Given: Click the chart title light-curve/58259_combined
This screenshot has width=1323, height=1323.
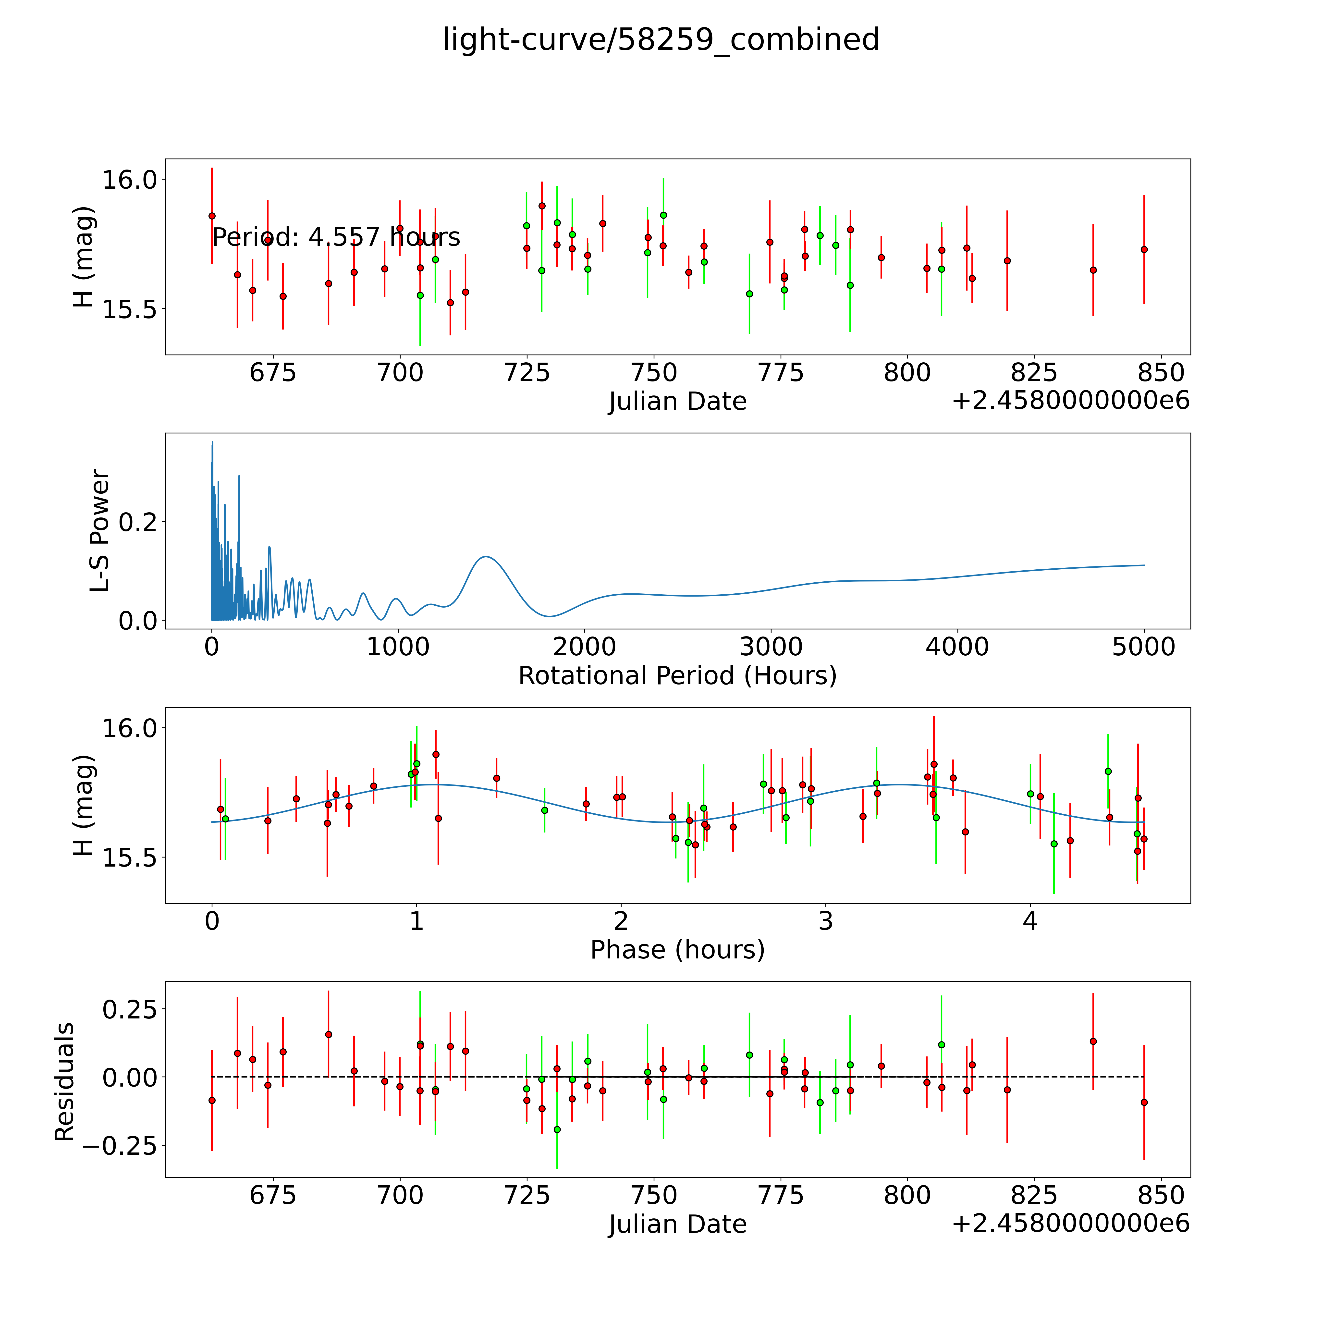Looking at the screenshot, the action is (661, 40).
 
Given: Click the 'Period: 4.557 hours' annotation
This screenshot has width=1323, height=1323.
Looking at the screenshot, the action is (336, 238).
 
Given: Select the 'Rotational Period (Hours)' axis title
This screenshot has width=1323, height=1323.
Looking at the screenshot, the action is (677, 676).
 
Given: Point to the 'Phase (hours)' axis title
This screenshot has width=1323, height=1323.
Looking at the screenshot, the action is (677, 950).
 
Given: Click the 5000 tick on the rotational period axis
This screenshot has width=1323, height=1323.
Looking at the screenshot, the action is (1144, 647).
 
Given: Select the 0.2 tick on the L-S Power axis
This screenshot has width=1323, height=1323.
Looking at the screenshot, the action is (138, 523).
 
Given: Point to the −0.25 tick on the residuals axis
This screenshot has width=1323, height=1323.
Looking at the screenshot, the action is (121, 1145).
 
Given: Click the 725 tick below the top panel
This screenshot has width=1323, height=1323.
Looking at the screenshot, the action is (527, 373).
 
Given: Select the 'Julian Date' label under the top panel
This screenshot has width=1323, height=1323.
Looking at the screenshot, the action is (677, 401).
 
